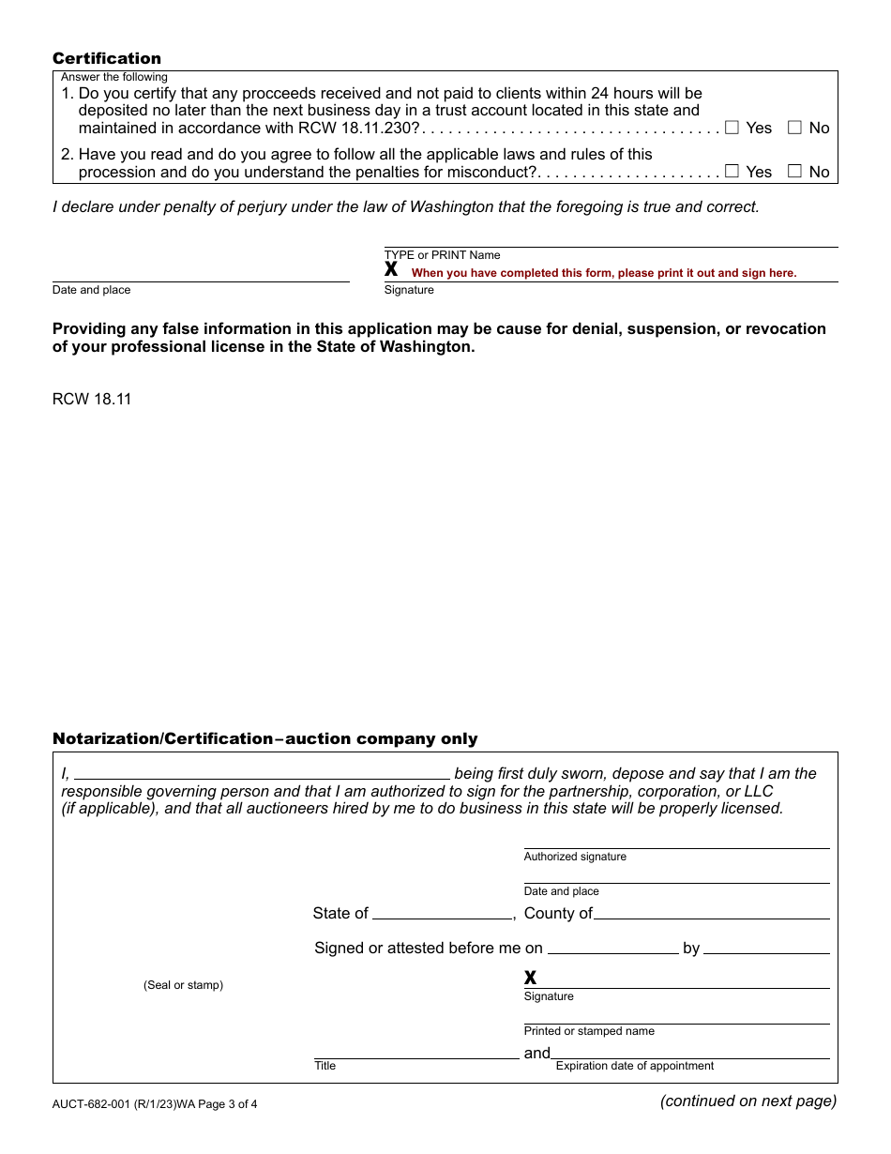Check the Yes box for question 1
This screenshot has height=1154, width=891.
tap(732, 128)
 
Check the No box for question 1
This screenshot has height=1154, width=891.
tap(794, 128)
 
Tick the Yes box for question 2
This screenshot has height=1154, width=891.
tap(732, 171)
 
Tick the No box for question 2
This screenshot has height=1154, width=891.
tap(794, 171)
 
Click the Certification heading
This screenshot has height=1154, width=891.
tap(107, 58)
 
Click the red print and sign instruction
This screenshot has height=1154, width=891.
tap(604, 273)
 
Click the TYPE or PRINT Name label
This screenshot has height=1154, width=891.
tap(443, 255)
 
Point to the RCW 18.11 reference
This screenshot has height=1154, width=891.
tap(92, 399)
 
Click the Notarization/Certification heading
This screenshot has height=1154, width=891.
tap(264, 738)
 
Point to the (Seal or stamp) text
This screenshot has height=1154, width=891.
tap(183, 985)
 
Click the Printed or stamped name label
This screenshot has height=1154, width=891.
tap(589, 1031)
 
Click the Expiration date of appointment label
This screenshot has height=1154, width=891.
tap(635, 1066)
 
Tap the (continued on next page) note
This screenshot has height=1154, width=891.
tap(748, 1101)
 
